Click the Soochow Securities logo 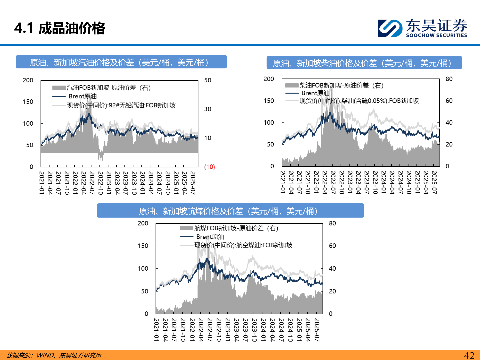pyautogui.click(x=422, y=28)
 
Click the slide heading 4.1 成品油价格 pyautogui.click(x=60, y=28)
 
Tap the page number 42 pyautogui.click(x=469, y=355)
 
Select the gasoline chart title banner pyautogui.click(x=121, y=62)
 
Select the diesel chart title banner pyautogui.click(x=364, y=63)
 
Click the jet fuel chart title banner pyautogui.click(x=230, y=211)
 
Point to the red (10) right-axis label pyautogui.click(x=209, y=167)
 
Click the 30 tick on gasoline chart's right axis pyautogui.click(x=208, y=109)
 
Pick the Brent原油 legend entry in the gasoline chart pyautogui.click(x=82, y=96)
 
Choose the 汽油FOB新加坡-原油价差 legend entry pyautogui.click(x=108, y=88)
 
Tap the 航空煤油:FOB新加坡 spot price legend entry pyautogui.click(x=243, y=245)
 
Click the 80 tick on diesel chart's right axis pyautogui.click(x=449, y=79)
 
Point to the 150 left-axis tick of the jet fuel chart pyautogui.click(x=143, y=246)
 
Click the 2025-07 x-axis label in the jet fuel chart pyautogui.click(x=317, y=330)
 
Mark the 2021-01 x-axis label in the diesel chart pyautogui.click(x=283, y=182)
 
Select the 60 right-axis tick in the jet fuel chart pyautogui.click(x=332, y=246)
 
